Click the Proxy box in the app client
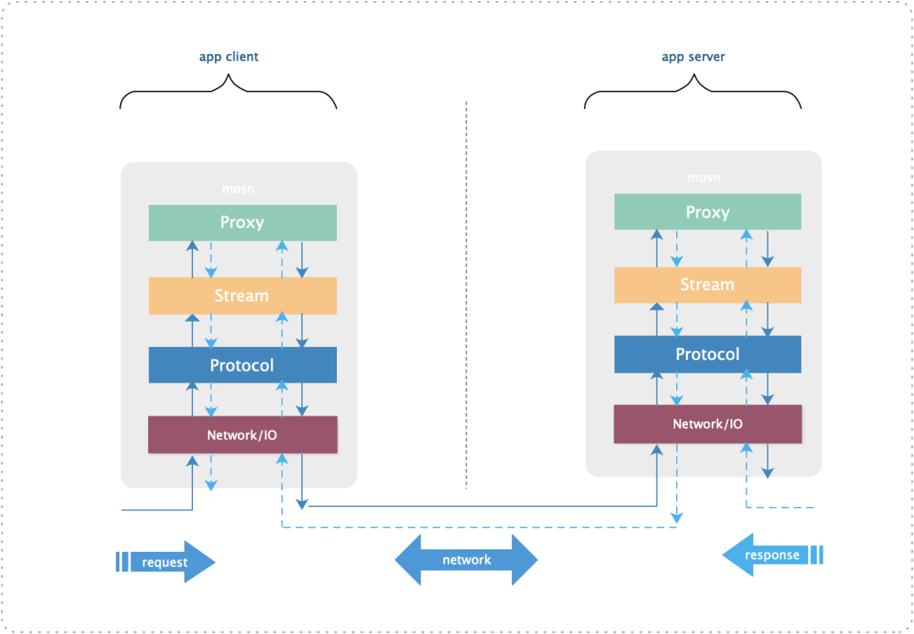pyautogui.click(x=243, y=223)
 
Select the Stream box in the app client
pyautogui.click(x=243, y=296)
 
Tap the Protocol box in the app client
pyautogui.click(x=243, y=366)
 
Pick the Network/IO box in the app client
pyautogui.click(x=243, y=435)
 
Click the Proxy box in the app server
pyautogui.click(x=708, y=212)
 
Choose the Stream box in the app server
pyautogui.click(x=708, y=285)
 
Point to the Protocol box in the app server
pyautogui.click(x=708, y=355)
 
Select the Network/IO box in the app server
pyautogui.click(x=708, y=424)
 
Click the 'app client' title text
pyautogui.click(x=228, y=58)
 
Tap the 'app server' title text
pyautogui.click(x=693, y=58)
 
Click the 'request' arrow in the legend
pyautogui.click(x=165, y=562)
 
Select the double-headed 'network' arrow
pyautogui.click(x=466, y=560)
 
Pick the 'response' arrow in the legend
pyautogui.click(x=772, y=555)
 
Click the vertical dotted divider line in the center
pyautogui.click(x=466, y=296)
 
